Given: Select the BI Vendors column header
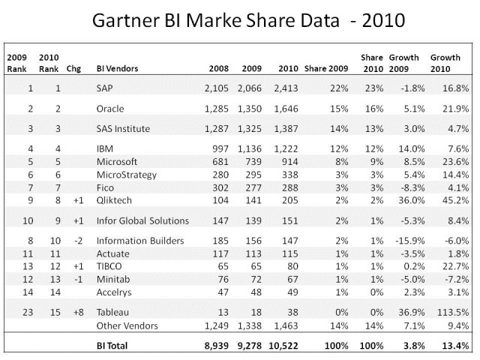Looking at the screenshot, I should [x=117, y=68].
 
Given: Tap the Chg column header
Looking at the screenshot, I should [x=73, y=68].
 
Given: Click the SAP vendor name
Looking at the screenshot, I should [x=106, y=88].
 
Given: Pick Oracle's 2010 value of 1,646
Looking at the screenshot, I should [x=286, y=108].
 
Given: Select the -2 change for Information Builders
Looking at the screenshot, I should [x=74, y=241].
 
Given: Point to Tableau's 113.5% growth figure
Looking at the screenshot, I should [x=451, y=309].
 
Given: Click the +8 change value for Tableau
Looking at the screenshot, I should [x=74, y=309].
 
